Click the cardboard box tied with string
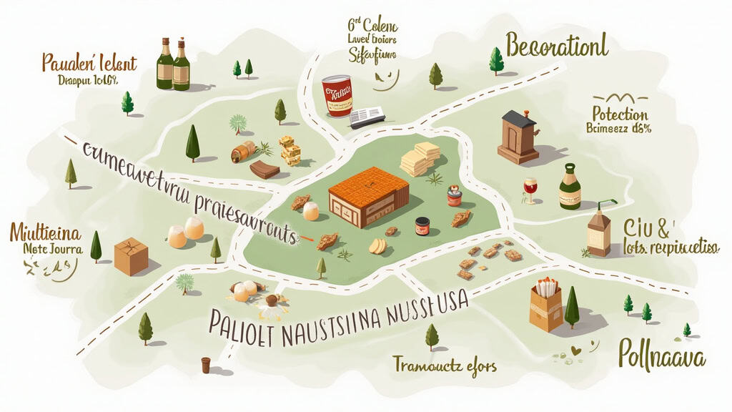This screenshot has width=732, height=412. (x=131, y=256)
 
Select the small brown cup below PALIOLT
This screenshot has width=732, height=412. (x=206, y=365)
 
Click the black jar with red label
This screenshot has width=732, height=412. (x=422, y=227)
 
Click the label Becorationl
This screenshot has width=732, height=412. (x=557, y=46)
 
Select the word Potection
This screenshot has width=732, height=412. (x=620, y=114)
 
